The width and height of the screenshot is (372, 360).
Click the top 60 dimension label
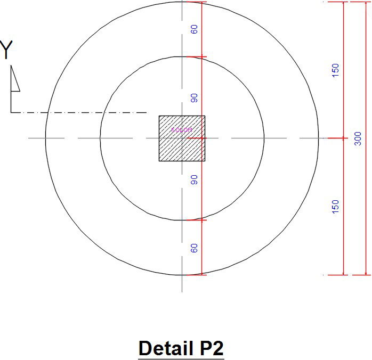coord(195,29)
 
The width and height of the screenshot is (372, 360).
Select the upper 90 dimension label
coord(195,98)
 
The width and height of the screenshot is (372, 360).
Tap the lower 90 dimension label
coord(195,179)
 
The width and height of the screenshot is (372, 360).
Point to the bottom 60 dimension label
coord(195,248)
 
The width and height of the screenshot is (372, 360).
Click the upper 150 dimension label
coord(335,70)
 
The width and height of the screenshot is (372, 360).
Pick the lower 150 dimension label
coord(335,207)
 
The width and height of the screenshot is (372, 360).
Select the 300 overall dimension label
coord(358,138)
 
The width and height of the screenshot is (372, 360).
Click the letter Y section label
coord(6,51)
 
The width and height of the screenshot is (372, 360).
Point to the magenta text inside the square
coord(181,129)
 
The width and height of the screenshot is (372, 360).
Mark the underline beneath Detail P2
coord(181,359)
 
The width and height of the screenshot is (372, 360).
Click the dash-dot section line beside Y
coord(80,112)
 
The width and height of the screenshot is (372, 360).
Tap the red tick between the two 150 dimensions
coord(344,138)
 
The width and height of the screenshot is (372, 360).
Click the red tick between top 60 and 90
coord(201,56)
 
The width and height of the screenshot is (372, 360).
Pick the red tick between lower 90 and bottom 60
coord(201,220)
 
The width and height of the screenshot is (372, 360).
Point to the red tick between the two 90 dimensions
coord(201,138)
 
